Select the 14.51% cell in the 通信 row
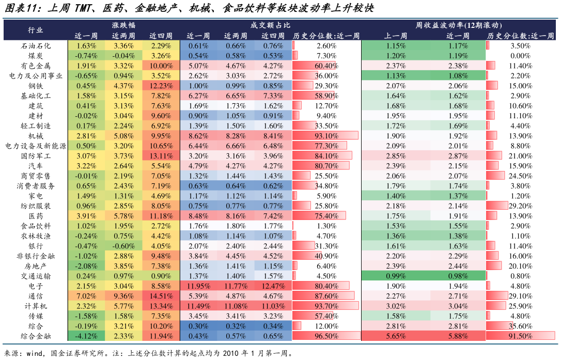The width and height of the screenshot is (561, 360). pyautogui.click(x=161, y=296)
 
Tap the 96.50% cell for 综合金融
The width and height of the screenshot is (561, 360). pyautogui.click(x=326, y=336)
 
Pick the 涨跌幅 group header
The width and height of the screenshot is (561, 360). pyautogui.click(x=123, y=25)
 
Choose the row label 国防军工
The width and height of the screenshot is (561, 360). pyautogui.click(x=36, y=155)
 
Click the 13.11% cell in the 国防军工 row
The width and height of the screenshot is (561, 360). pyautogui.click(x=161, y=155)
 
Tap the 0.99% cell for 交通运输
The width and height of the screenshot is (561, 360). pyautogui.click(x=396, y=276)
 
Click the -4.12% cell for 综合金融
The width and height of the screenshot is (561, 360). pyautogui.click(x=86, y=336)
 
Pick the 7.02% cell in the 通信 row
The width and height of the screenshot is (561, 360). pyautogui.click(x=86, y=296)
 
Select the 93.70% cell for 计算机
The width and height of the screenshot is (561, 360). pyautogui.click(x=326, y=306)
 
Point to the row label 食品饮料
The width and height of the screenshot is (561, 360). pyautogui.click(x=36, y=226)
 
